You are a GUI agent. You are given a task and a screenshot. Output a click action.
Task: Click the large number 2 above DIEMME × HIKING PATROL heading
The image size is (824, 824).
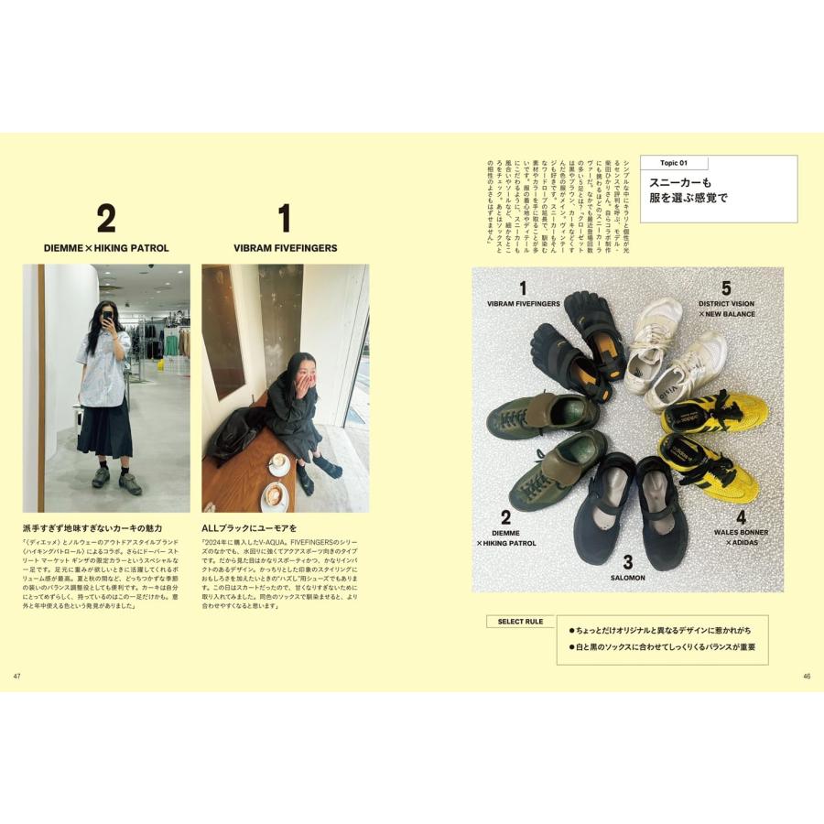(106, 219)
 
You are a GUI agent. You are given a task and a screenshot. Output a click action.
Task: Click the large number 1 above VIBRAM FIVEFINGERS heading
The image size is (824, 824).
(284, 219)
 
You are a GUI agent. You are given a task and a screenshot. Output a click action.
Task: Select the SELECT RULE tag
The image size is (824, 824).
(520, 622)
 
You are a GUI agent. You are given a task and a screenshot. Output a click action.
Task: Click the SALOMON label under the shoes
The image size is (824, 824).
(627, 579)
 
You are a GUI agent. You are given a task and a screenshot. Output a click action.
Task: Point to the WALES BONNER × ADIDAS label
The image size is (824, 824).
(741, 537)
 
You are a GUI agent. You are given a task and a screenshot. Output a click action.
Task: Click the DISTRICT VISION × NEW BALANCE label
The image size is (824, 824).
(726, 308)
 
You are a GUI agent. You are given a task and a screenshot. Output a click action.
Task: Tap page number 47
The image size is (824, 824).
(16, 677)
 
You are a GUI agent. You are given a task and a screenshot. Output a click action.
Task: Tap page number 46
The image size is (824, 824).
(806, 677)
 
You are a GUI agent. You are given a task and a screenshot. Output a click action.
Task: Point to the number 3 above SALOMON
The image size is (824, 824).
(627, 562)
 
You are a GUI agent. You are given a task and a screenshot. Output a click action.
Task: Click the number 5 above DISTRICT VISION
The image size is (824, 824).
(726, 287)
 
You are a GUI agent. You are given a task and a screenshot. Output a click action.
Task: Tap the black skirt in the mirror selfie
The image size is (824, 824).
(104, 427)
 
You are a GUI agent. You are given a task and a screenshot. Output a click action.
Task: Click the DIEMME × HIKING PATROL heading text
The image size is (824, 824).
(106, 248)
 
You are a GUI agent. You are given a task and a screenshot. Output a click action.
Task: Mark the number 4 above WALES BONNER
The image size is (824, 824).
(741, 516)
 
